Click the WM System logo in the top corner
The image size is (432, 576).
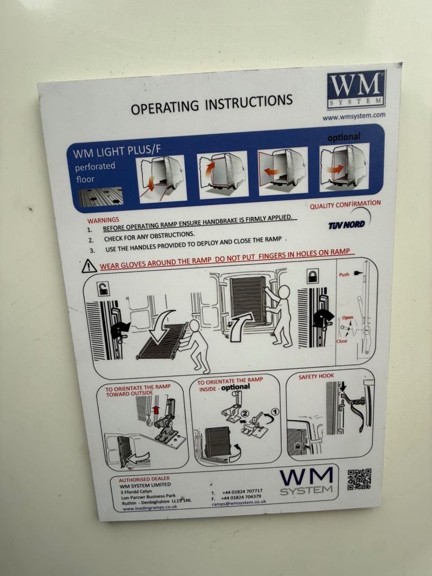(x=356, y=89)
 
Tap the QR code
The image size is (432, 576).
(x=359, y=479)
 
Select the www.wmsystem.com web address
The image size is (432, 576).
(x=354, y=116)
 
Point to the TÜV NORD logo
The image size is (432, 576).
(x=346, y=224)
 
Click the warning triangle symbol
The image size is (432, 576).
(x=89, y=265)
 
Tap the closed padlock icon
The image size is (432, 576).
(x=312, y=276)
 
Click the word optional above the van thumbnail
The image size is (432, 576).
(x=344, y=137)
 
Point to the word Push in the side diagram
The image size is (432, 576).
(x=344, y=274)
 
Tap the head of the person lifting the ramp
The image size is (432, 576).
(x=283, y=292)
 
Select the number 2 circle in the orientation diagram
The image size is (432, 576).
(x=229, y=413)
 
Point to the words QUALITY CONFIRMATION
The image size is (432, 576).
(x=345, y=204)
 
